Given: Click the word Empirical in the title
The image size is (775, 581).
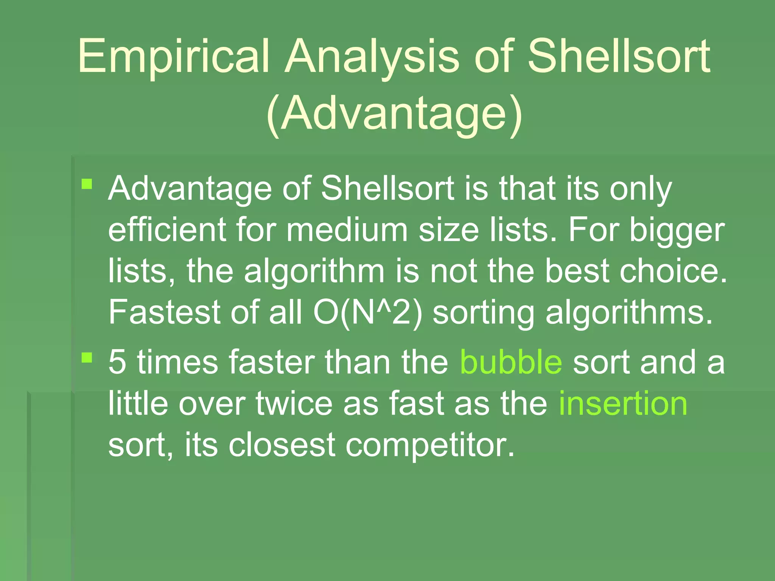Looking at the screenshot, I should point(173,57).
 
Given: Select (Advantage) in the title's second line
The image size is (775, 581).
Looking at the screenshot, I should point(394,113).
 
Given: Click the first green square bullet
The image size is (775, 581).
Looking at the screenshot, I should point(87,184).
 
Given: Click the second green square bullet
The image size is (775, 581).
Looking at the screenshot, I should point(87,357).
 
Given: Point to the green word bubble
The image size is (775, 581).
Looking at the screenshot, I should point(511,362).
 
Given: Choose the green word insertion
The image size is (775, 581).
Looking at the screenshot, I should point(623,404).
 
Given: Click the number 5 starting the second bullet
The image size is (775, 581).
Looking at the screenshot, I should point(117,362).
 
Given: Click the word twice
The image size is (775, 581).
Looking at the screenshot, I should point(294,404).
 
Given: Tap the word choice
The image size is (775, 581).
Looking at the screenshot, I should point(674,271).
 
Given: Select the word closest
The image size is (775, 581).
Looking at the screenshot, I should point(282,445).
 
